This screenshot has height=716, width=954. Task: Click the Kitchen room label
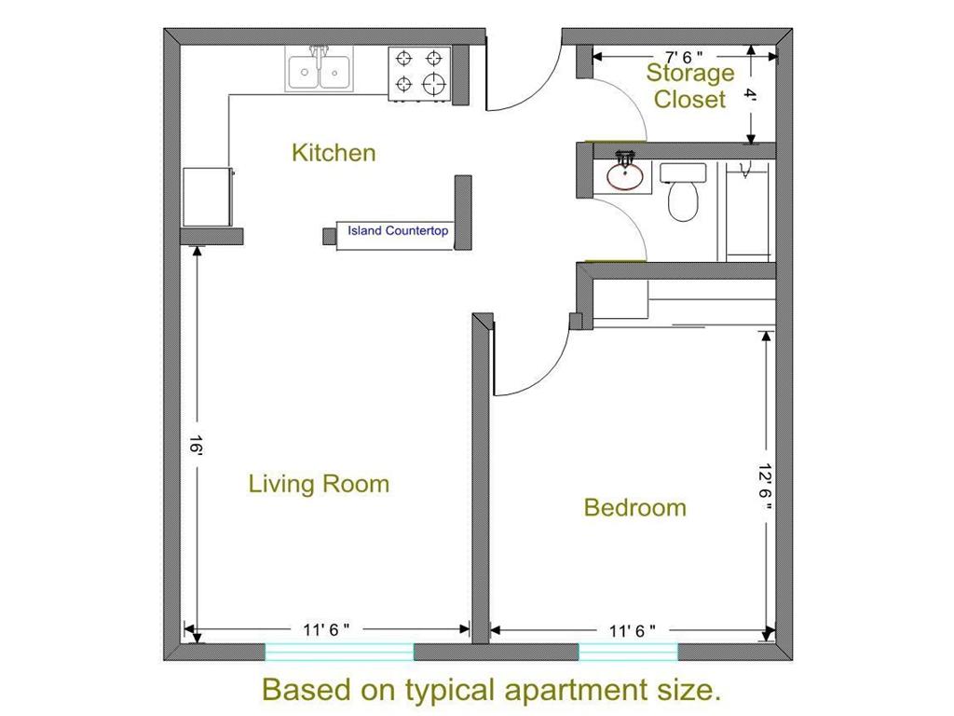pos(334,152)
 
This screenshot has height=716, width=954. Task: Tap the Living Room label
pos(319,484)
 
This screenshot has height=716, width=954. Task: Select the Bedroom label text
pos(635,508)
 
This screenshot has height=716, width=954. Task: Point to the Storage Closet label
pos(690,86)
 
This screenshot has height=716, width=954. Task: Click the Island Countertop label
pos(398,231)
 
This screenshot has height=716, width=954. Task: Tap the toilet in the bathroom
pos(683,192)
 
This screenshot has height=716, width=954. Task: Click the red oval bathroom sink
pos(625,176)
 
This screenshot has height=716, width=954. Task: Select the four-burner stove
pos(419,73)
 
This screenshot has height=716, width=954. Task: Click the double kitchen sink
pos(319,70)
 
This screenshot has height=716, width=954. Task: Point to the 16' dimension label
pos(195,445)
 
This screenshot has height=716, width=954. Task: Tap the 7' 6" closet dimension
pos(684,57)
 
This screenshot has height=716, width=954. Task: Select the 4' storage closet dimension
pos(751,95)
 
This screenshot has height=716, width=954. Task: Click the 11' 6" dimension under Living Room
pos(326,629)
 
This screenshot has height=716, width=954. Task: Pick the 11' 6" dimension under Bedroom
pos(633,631)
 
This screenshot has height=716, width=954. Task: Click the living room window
pos(339,652)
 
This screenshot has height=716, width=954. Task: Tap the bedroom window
pos(628,652)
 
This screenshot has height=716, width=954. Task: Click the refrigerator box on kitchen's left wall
pos(208,198)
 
